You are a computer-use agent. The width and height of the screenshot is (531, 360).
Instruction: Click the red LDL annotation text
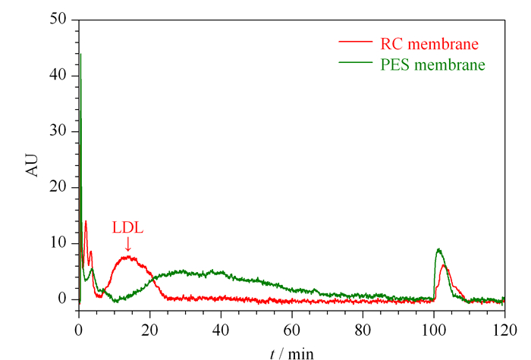click(127, 227)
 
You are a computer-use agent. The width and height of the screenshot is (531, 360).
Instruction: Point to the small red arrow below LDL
click(128, 244)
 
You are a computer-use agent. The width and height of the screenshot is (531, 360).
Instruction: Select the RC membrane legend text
click(429, 44)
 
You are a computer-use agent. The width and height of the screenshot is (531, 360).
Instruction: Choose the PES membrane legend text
click(432, 64)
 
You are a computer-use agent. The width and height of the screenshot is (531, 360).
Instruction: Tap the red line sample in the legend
click(355, 42)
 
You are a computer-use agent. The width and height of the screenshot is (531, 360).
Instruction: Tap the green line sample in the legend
click(355, 62)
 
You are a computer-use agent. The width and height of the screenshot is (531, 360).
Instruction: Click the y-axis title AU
click(32, 165)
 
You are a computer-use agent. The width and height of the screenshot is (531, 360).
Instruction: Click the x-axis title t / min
click(292, 354)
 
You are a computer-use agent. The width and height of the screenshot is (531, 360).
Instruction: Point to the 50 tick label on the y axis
click(58, 19)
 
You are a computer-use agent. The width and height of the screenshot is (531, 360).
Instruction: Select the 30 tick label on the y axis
click(58, 130)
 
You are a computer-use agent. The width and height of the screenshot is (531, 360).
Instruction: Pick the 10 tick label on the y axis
click(58, 243)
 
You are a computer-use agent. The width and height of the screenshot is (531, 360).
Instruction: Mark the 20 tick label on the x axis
click(149, 330)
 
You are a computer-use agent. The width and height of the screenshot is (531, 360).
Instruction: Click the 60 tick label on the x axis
click(291, 330)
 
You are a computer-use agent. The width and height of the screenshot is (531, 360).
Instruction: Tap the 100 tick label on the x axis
click(433, 330)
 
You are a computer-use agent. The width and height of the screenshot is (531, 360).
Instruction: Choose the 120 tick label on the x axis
click(504, 330)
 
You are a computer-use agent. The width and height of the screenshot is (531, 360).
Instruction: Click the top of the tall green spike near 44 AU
click(80, 54)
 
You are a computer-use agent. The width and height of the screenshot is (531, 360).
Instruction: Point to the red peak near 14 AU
click(86, 221)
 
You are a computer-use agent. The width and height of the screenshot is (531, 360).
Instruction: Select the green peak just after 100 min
click(439, 249)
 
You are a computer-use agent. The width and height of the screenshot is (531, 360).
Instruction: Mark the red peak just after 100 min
click(443, 265)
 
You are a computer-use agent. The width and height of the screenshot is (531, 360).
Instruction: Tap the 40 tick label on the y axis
click(58, 74)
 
